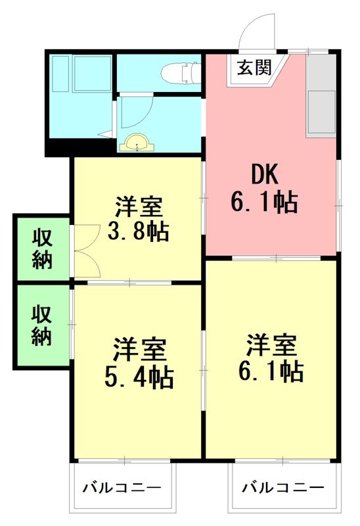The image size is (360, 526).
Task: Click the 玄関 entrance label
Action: [254, 68]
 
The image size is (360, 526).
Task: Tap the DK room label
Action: [265, 174]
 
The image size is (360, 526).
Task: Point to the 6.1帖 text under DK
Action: [265, 202]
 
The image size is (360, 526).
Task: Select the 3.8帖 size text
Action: [138, 231]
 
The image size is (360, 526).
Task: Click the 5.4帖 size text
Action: [139, 376]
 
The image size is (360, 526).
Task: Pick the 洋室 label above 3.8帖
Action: [138, 208]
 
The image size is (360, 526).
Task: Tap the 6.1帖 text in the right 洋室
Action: [271, 371]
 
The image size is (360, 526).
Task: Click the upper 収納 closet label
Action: [42, 248]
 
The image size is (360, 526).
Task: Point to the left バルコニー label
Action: [122, 489]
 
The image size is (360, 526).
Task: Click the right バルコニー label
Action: [282, 489]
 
